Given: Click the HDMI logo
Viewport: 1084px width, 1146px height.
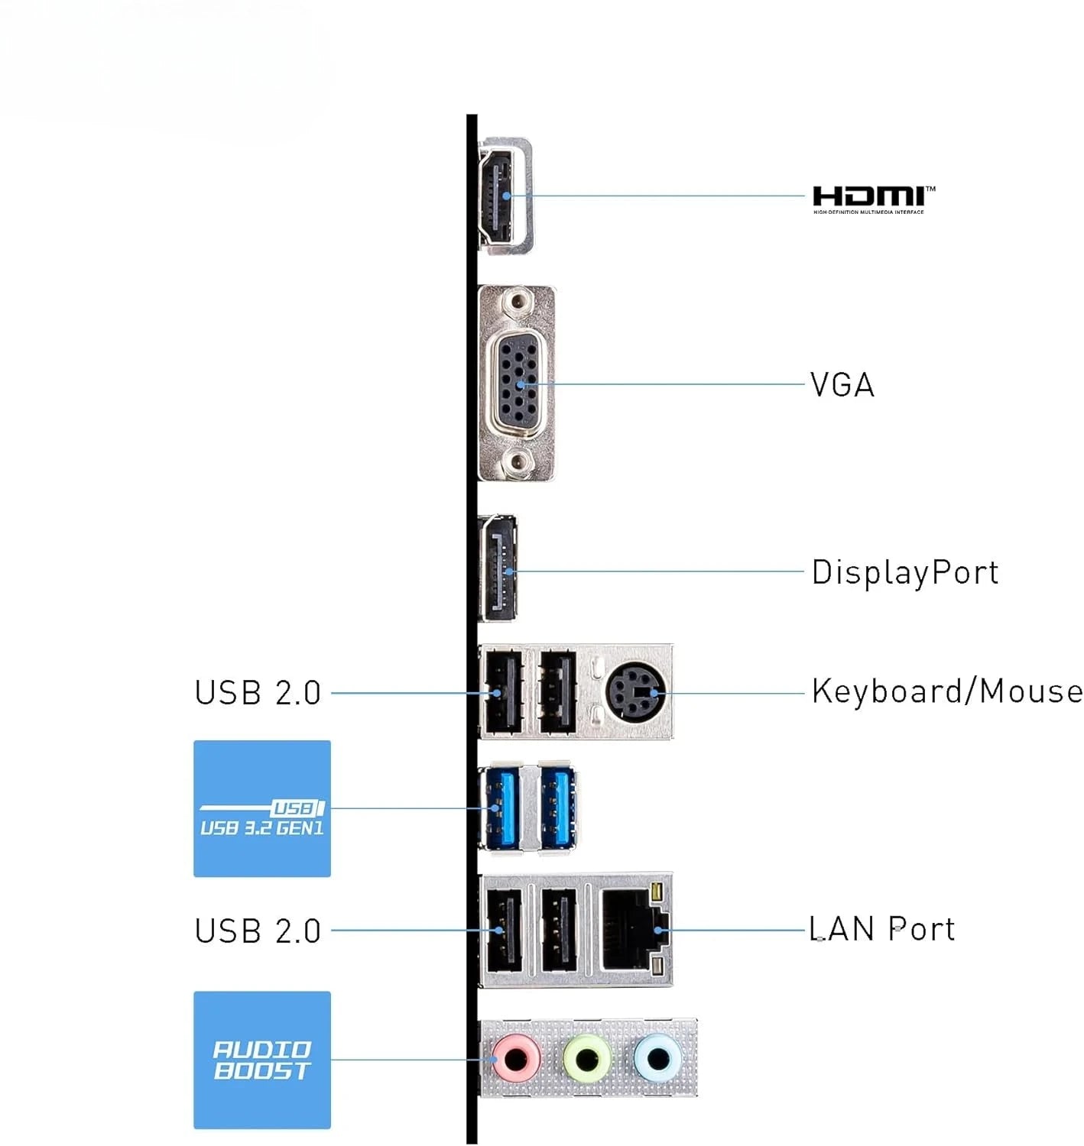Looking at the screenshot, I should pos(872,198).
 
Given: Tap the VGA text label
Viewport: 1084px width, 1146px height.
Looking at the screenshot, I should pos(842,385).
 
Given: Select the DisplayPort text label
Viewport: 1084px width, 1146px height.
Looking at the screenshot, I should pos(904,572).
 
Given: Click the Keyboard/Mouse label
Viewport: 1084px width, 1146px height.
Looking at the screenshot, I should pos(946,691).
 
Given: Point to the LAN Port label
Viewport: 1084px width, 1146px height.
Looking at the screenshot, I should pos(881,930).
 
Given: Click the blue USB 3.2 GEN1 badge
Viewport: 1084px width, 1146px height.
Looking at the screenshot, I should pos(261,808).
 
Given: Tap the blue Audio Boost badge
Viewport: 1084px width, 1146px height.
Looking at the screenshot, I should pos(261,1060).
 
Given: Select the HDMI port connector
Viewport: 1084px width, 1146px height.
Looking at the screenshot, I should pos(501,196).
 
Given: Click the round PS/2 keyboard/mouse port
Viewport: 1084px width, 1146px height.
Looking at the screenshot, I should pos(634,693).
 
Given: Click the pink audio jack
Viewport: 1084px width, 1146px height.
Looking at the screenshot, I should pos(517,1059).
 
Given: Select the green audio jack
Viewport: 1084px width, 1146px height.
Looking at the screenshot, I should pos(586,1059).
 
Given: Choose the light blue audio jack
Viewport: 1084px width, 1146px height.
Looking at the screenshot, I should pos(657,1059).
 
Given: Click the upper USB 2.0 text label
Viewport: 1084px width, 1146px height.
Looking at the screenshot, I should pos(258,693).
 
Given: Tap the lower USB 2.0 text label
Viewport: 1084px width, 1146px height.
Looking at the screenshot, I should pos(258,931).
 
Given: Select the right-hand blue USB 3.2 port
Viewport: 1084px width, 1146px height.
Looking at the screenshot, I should pos(558,808).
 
